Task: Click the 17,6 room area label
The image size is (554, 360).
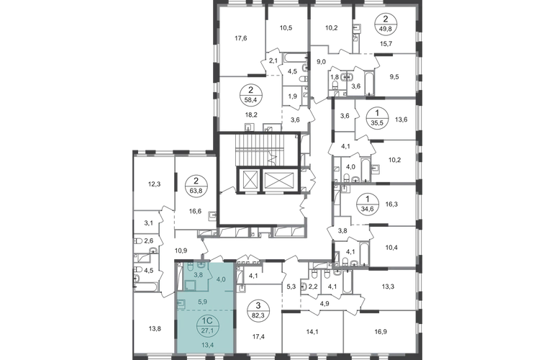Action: pyautogui.click(x=240, y=39)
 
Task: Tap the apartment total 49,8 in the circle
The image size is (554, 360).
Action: pyautogui.click(x=386, y=27)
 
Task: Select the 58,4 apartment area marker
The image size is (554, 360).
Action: pyautogui.click(x=250, y=99)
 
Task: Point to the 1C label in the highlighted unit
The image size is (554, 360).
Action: pyautogui.click(x=206, y=320)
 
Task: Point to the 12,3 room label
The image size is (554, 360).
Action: pyautogui.click(x=155, y=184)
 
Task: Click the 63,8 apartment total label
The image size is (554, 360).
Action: pyautogui.click(x=196, y=189)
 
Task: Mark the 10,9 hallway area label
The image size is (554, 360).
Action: pyautogui.click(x=181, y=251)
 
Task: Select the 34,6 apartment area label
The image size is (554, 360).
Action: pyautogui.click(x=368, y=208)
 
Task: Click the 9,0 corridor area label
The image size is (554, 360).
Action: pyautogui.click(x=321, y=62)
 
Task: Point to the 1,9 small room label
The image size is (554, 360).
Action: pyautogui.click(x=292, y=96)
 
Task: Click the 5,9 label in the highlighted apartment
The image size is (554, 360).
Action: pyautogui.click(x=202, y=302)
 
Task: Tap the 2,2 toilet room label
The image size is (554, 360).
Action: pyautogui.click(x=314, y=287)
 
